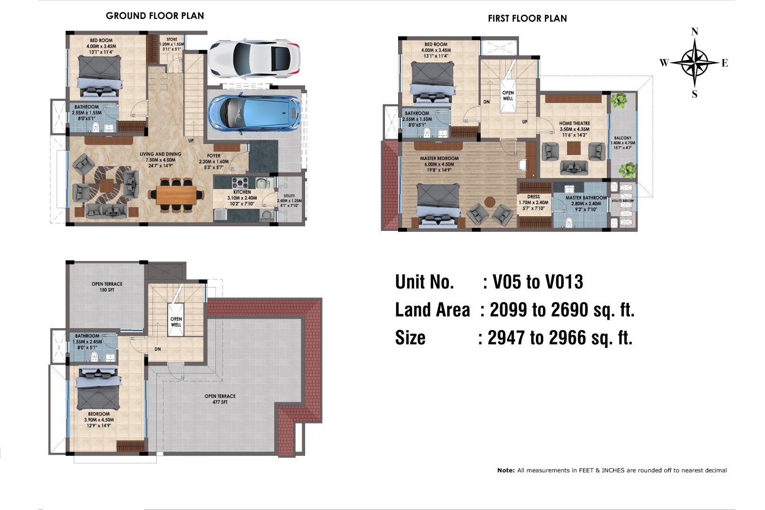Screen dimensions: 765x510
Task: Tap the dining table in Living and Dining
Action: pos(177,195)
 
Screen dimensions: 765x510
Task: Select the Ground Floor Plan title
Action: pos(155,16)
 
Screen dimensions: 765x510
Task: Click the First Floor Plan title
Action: pos(527,18)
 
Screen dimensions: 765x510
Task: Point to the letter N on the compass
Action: pos(694,32)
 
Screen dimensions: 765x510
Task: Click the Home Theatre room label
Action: pos(574,123)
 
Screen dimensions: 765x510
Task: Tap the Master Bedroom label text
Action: pos(439,159)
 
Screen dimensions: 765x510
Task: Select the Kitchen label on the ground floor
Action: pos(242,192)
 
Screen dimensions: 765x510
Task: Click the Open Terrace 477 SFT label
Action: pos(220,399)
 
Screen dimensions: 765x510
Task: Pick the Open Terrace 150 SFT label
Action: pos(107,287)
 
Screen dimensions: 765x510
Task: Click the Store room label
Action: pos(172,40)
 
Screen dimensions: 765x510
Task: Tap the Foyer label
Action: pos(214,156)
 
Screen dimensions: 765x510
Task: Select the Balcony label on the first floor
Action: pos(622,138)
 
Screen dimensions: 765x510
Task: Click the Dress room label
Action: pos(534,197)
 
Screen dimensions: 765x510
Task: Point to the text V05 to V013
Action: pos(537,282)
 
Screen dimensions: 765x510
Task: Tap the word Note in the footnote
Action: pos(506,470)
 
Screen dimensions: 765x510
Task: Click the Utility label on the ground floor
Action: pos(289,195)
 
